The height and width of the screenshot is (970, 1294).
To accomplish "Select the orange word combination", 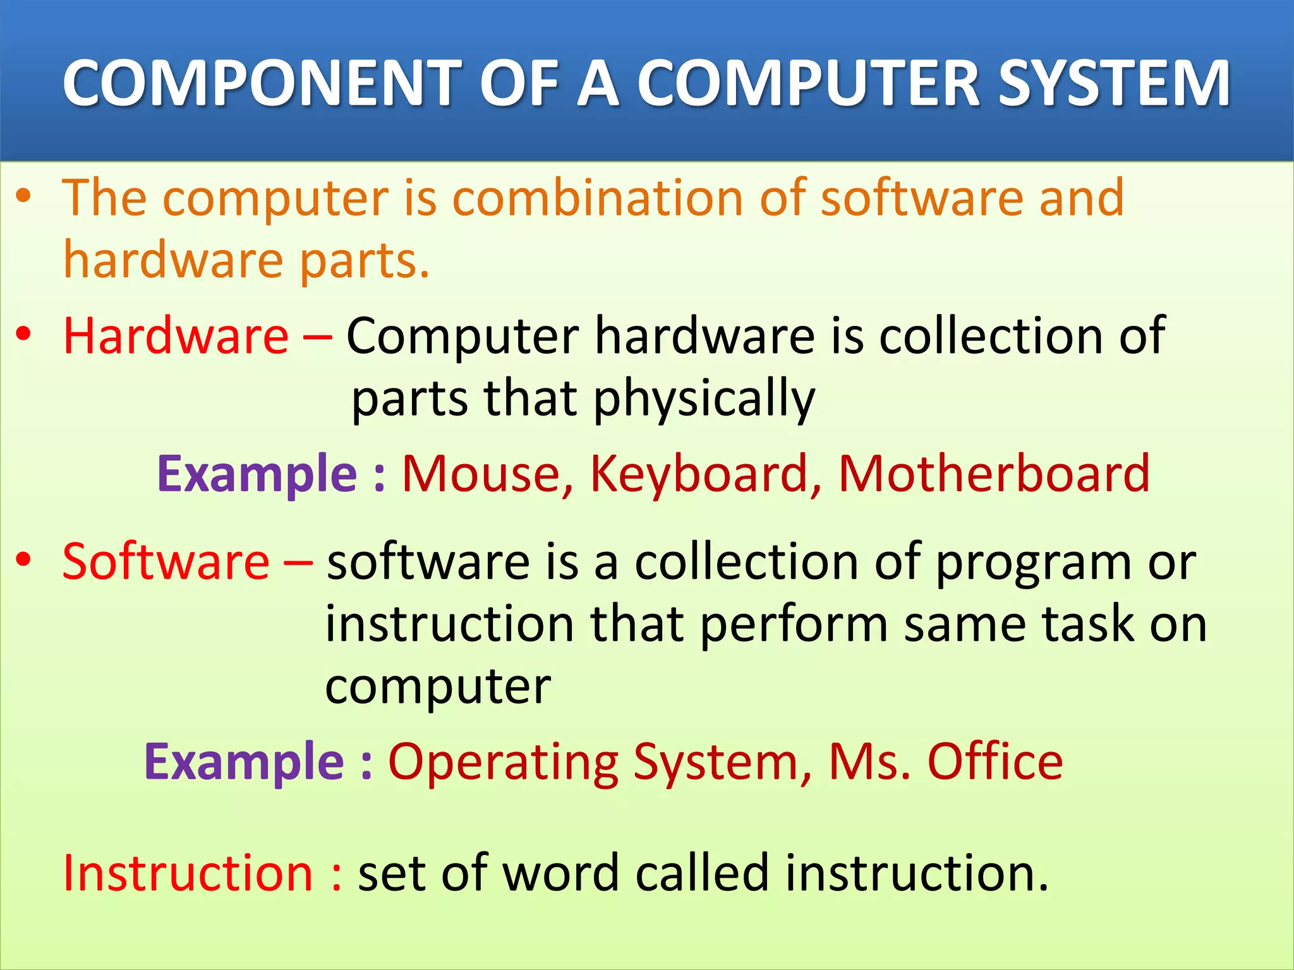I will point(598,198).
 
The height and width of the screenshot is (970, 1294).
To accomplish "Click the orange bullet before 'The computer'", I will point(24,196).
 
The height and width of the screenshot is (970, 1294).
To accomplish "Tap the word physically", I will point(704,400).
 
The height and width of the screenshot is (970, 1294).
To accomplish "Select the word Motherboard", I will point(993,474).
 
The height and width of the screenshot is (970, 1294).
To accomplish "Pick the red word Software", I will point(166,561).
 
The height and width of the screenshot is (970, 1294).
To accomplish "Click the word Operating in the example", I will point(502,763).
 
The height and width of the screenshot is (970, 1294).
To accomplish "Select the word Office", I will point(995,762).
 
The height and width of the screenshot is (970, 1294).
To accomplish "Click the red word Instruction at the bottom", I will point(188,873).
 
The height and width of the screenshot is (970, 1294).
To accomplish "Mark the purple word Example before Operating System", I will point(244,763).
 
